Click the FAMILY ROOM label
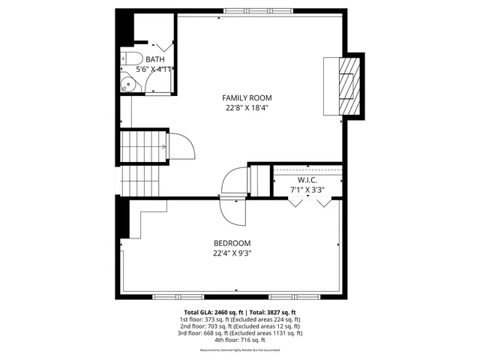coord(247,97)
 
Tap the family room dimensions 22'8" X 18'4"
coord(247,108)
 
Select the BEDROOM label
coord(232,243)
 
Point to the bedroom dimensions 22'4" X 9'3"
coord(232,253)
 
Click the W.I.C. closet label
coord(307,181)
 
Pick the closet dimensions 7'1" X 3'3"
coord(307,191)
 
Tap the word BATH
coord(155,59)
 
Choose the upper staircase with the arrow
coord(144,147)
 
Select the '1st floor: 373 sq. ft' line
coord(240,319)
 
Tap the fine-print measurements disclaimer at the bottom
coord(240,350)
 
